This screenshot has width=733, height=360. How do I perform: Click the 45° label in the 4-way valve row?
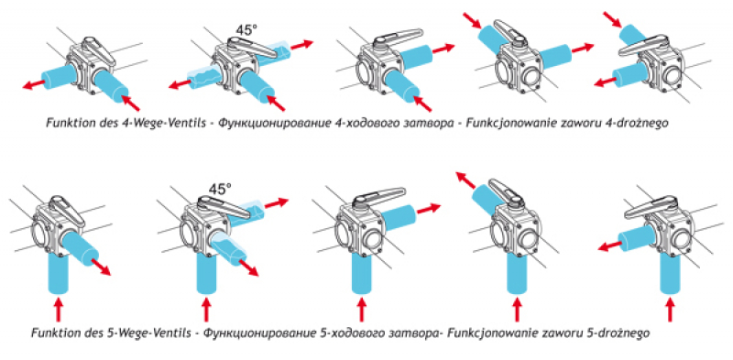[x=246, y=30]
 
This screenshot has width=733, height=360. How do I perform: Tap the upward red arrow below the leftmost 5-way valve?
[x=59, y=311]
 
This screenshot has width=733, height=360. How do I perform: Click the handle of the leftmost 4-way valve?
[x=99, y=50]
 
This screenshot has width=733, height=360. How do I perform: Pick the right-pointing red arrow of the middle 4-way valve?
[x=443, y=49]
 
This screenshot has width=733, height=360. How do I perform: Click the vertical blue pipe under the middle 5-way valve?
[x=362, y=274]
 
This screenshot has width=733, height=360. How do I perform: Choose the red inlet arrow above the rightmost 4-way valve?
[x=611, y=18]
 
